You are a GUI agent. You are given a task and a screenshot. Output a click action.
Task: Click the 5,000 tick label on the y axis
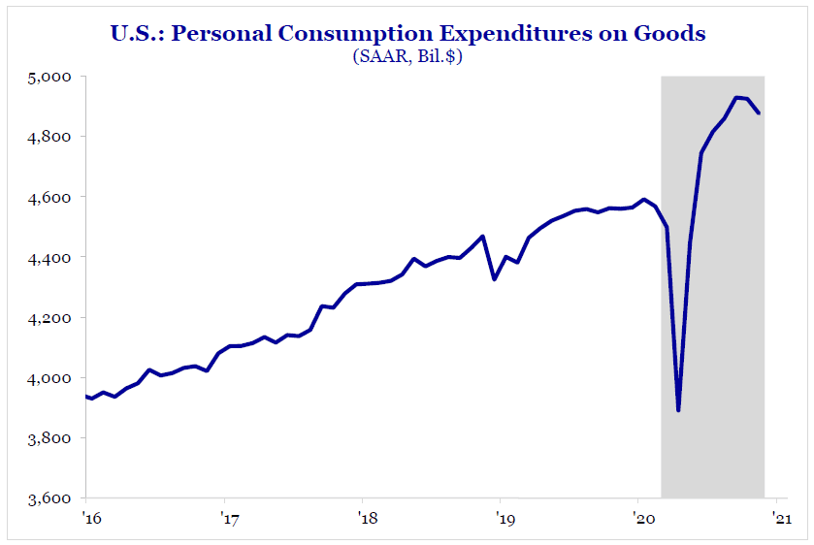(52, 77)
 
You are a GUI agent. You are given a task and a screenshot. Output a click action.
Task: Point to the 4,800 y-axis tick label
(52, 137)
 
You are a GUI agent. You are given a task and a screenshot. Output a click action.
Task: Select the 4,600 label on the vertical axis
(52, 197)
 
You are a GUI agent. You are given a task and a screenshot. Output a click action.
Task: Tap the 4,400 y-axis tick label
(52, 258)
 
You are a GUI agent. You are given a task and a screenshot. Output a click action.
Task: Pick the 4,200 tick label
(52, 318)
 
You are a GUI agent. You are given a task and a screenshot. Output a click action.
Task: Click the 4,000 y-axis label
(52, 378)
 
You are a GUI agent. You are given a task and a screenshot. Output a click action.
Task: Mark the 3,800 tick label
(52, 438)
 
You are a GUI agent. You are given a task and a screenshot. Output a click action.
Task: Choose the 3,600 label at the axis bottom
(52, 498)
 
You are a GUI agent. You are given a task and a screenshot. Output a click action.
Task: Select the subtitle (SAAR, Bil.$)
(407, 57)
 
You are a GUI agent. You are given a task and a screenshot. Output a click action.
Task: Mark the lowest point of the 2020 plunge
(678, 410)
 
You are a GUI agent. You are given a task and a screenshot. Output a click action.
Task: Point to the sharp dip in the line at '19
(495, 279)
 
